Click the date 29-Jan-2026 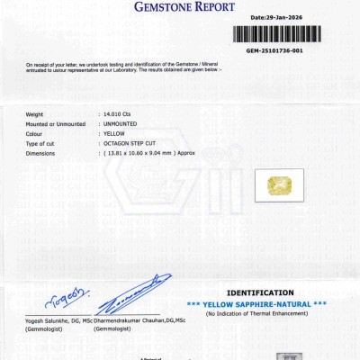pyautogui.click(x=278, y=17)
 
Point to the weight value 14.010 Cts pyautogui.click(x=117, y=114)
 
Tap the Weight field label pyautogui.click(x=35, y=114)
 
